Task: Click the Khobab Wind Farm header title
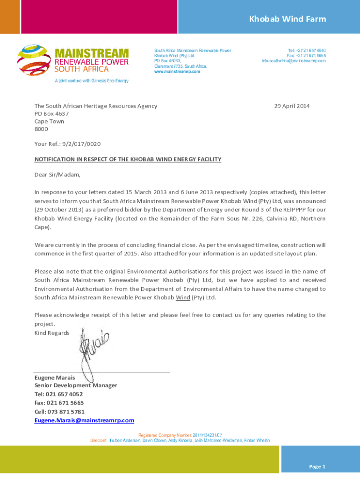[287, 19]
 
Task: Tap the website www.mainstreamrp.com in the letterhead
[177, 72]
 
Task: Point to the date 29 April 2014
[292, 106]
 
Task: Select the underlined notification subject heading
[128, 160]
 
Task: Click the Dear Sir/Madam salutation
[57, 175]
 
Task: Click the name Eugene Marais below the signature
[55, 377]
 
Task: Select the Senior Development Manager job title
[76, 385]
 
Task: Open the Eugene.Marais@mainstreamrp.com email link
[84, 420]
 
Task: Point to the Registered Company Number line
[180, 435]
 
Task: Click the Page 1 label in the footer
[317, 466]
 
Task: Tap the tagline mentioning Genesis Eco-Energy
[91, 81]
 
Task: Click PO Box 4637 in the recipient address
[51, 114]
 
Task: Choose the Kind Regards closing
[52, 333]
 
